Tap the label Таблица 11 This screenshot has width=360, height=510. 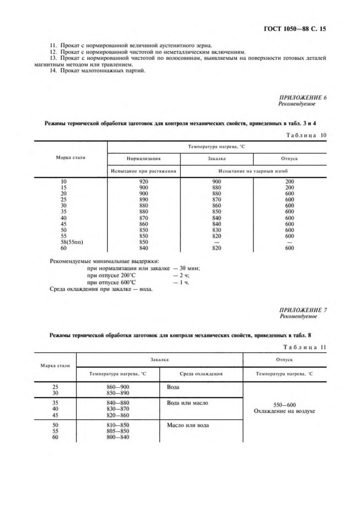tap(304, 347)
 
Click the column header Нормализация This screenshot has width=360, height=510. tap(143, 158)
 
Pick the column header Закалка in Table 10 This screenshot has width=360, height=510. tap(217, 158)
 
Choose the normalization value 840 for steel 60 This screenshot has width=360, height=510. tap(144, 248)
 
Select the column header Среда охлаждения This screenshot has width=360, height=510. tap(202, 373)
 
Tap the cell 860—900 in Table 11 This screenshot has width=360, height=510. tap(118, 386)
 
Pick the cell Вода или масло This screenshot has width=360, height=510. tap(188, 402)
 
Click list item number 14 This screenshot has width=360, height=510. tap(101, 70)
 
